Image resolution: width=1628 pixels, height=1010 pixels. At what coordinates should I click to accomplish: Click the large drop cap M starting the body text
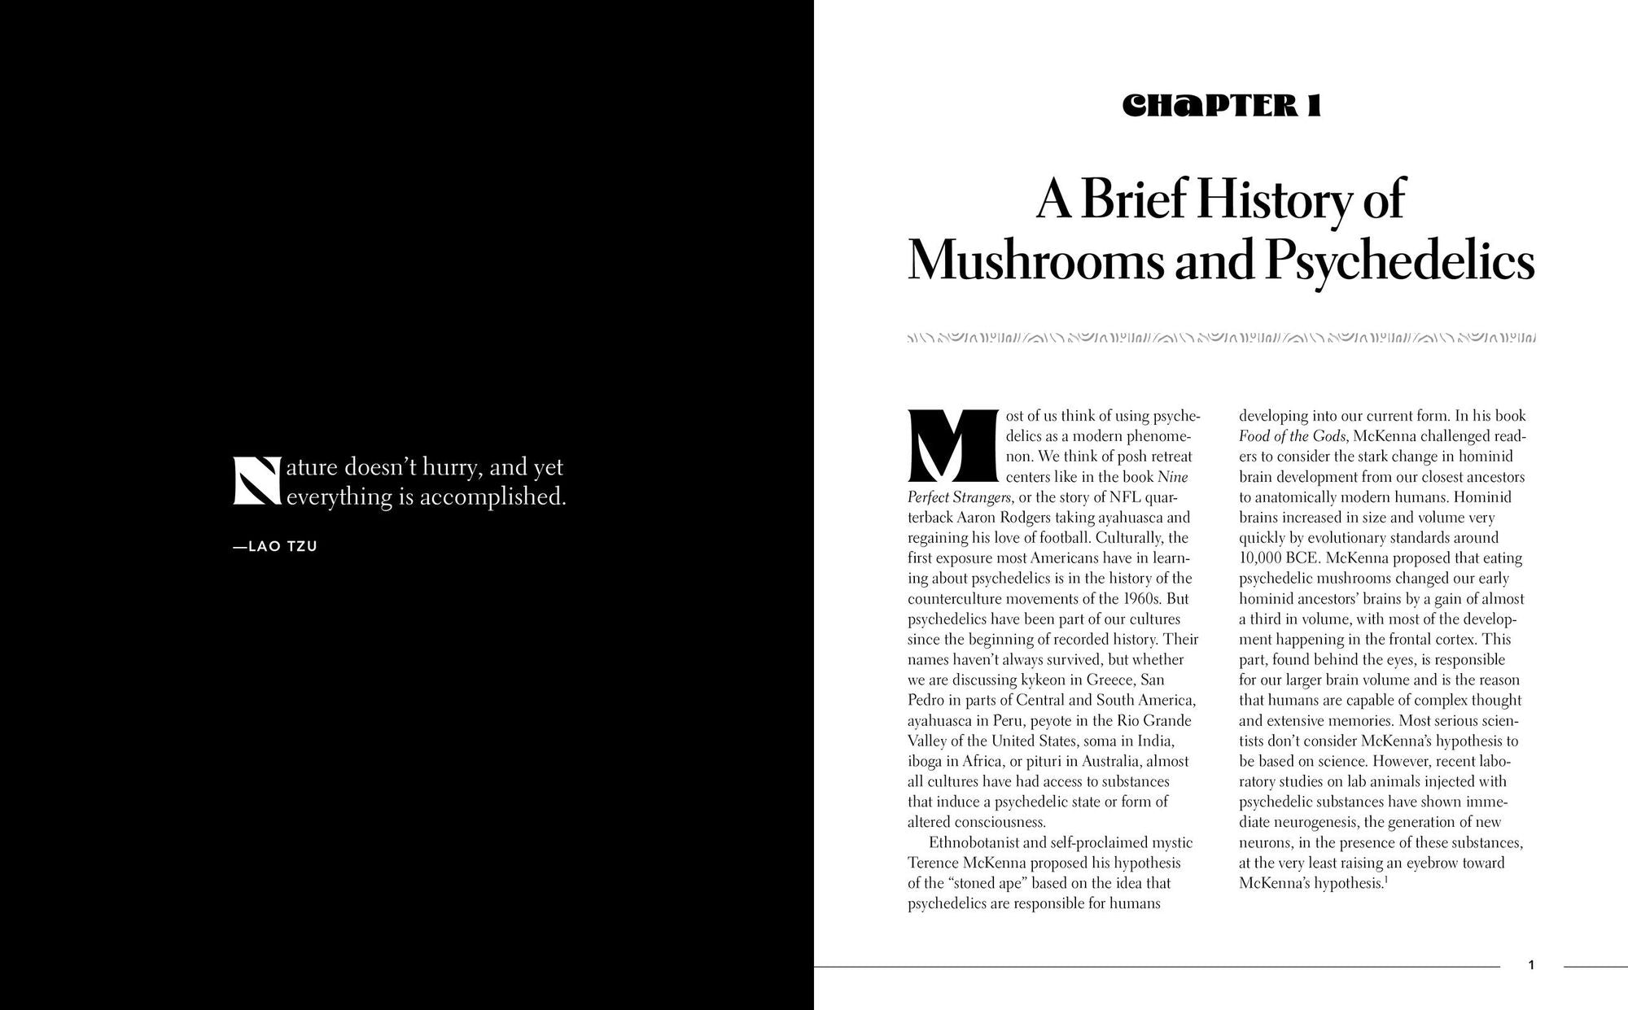coord(952,445)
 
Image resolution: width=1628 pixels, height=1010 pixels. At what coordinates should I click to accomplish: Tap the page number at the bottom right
coord(1531,966)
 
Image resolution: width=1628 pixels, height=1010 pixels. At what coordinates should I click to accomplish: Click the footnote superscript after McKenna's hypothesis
coord(1385,880)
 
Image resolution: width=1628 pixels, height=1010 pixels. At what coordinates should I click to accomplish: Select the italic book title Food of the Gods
coord(1293,436)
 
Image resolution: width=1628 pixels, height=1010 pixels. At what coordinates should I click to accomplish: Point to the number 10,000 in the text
coord(1259,558)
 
